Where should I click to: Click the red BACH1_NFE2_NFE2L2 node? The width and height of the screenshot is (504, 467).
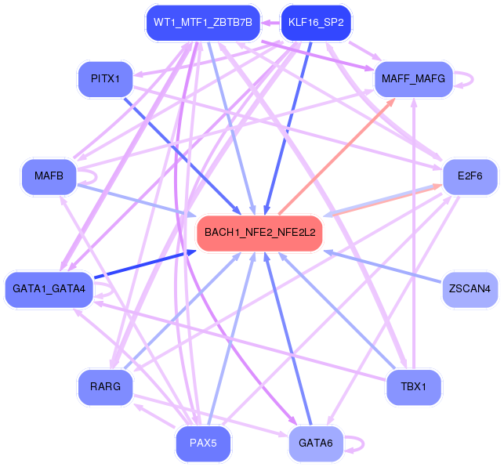click(x=259, y=233)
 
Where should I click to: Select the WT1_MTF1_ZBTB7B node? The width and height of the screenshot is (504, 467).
click(x=203, y=23)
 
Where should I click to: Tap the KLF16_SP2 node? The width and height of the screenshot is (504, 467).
click(x=316, y=23)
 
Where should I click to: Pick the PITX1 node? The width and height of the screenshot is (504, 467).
click(x=105, y=79)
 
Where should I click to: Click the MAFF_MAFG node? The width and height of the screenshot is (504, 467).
click(x=413, y=79)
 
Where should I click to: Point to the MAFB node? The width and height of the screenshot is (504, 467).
click(x=49, y=176)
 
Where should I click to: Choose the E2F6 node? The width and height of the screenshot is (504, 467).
click(x=470, y=176)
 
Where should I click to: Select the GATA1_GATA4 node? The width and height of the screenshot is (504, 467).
click(x=49, y=289)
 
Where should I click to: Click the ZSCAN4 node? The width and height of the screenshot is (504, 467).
click(x=470, y=289)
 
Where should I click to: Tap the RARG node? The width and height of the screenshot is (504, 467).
click(x=105, y=386)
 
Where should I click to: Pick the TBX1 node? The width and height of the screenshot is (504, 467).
click(x=413, y=386)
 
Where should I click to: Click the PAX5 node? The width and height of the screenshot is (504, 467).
click(x=203, y=443)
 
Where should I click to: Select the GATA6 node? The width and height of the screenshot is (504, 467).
click(x=316, y=443)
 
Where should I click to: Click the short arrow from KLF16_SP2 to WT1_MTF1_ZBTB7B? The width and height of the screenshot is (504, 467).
click(x=270, y=23)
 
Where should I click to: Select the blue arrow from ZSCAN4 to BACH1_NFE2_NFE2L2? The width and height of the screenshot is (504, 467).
click(x=383, y=266)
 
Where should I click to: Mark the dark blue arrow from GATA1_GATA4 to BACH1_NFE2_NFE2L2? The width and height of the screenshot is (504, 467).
click(x=145, y=264)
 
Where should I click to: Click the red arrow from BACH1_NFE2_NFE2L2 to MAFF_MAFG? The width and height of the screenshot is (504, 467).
click(x=337, y=156)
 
